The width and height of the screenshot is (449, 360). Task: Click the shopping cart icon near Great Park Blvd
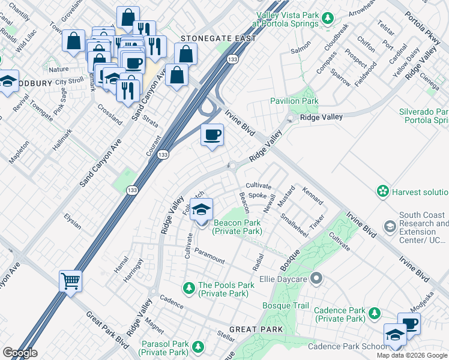[71, 280]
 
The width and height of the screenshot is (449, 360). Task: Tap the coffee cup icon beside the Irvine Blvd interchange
[211, 135]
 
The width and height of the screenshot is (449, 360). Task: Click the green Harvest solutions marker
[382, 191]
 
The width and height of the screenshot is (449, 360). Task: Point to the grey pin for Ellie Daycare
[318, 278]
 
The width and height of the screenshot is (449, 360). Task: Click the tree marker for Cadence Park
[374, 313]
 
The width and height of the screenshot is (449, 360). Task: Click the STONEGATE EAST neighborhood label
[218, 38]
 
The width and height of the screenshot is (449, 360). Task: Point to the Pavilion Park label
[294, 101]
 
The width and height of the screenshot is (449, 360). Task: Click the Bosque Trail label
[285, 306]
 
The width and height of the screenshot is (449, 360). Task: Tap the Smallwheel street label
[294, 227]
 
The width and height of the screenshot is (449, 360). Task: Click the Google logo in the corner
[20, 353]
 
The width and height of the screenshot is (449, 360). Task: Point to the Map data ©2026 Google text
[411, 355]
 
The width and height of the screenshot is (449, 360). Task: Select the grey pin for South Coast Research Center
[390, 227]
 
